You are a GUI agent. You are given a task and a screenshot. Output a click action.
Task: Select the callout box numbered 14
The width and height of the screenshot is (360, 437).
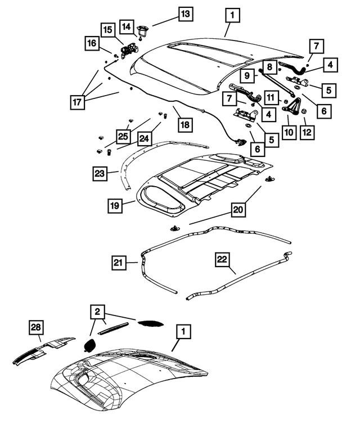coord(127,26)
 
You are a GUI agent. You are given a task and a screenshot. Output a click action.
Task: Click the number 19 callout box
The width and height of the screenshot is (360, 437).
coord(114,206)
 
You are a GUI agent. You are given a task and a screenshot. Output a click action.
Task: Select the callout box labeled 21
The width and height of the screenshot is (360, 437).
coord(119,262)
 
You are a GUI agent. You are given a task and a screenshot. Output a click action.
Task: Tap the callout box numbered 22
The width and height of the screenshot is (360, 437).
coord(223,259)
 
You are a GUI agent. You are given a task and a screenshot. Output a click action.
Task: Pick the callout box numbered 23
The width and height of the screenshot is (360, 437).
coord(100,174)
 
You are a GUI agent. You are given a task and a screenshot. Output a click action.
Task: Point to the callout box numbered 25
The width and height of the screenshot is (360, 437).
coord(123,136)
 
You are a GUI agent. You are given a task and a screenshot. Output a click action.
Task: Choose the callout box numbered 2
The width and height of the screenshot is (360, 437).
coord(98,312)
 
